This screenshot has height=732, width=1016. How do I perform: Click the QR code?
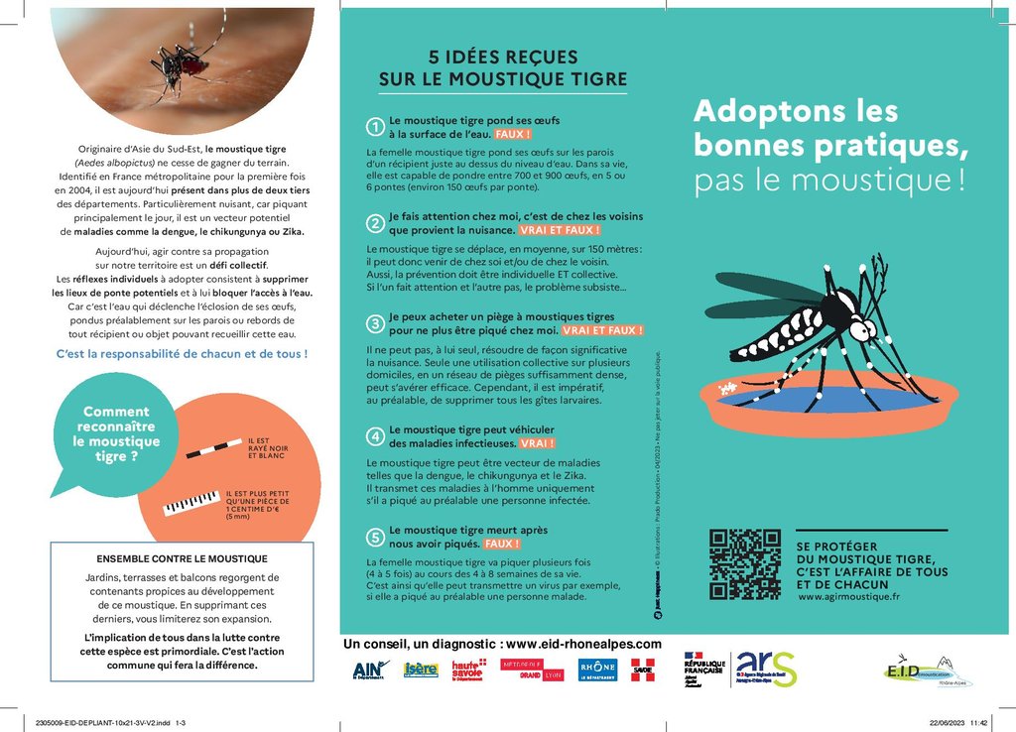point(744,564)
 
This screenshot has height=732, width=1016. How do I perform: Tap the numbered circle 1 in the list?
point(375,126)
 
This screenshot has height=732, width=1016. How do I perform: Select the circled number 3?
point(375,323)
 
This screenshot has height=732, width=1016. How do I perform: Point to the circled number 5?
point(375,537)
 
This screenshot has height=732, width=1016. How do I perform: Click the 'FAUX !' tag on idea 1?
point(513,133)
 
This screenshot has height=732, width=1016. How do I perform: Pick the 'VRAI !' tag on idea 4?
point(537,443)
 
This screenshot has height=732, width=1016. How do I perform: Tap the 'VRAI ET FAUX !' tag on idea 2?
point(560,230)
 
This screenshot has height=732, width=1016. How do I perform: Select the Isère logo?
point(421,670)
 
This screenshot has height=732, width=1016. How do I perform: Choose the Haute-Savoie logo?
point(467,671)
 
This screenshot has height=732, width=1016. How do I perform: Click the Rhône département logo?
point(597,670)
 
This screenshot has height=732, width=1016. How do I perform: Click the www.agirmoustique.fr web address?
point(848,597)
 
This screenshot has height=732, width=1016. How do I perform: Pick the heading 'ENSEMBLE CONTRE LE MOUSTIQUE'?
point(182,558)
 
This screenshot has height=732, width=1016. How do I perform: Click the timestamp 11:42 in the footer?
point(979,723)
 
